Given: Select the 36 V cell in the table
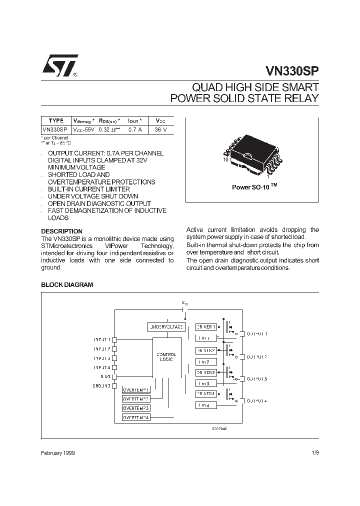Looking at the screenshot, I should [161, 129].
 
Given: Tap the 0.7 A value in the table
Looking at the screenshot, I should [135, 129].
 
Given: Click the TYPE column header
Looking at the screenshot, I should [56, 120].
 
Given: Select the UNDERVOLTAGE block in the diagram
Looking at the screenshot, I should [166, 326].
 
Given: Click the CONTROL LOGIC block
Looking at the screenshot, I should [166, 357].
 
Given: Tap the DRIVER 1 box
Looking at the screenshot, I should [206, 327].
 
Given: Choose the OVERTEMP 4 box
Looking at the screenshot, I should [136, 417].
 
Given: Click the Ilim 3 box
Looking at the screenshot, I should [206, 383].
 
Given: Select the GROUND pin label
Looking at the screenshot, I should [101, 386].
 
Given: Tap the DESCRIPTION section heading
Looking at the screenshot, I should [61, 231].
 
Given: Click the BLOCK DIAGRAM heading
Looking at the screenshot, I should [67, 284].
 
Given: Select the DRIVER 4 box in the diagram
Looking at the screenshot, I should [206, 394].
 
